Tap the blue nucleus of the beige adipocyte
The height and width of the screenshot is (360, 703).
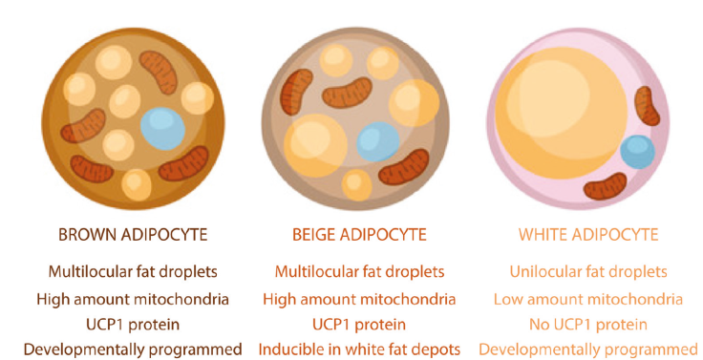coord(378,141)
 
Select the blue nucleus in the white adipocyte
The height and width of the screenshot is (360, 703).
coord(636,151)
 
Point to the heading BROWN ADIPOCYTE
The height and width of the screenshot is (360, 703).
coord(132,234)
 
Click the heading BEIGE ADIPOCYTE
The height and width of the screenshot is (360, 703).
coord(358,234)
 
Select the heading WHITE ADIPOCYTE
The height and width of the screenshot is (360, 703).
coord(588,234)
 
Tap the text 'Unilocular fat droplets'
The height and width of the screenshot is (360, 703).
coord(588,272)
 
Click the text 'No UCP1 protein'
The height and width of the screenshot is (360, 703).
coord(588,324)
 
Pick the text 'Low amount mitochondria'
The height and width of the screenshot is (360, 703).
coord(588,298)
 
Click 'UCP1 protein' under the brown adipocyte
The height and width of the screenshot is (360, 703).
coord(132,324)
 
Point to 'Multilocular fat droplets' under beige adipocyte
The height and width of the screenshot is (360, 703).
coord(359,272)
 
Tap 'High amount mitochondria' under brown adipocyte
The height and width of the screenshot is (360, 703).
coord(132,298)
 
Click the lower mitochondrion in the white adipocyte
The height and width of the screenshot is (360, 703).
coord(606,185)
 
